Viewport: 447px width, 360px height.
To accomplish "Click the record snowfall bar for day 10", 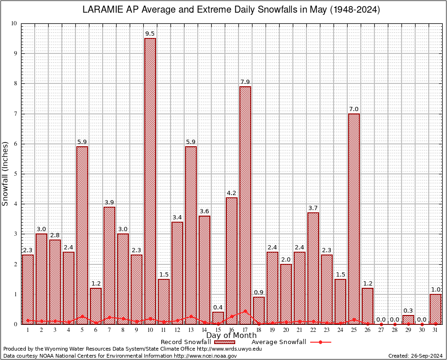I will (x=150, y=180).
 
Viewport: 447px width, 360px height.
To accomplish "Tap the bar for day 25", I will (x=354, y=218).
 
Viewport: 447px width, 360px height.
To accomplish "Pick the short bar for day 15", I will (x=218, y=318).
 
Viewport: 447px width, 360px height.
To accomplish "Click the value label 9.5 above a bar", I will (x=150, y=34).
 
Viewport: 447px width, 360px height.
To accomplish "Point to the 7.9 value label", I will (x=245, y=82).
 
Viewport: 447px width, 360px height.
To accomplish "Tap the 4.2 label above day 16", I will (x=231, y=193).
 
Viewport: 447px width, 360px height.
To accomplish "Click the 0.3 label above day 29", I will (x=408, y=311).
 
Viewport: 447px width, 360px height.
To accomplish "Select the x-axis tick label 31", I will (x=435, y=330).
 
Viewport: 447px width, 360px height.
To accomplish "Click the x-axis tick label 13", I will (x=191, y=330).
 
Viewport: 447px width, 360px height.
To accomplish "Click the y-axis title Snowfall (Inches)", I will (x=6, y=173).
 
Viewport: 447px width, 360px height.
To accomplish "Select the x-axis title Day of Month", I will (x=231, y=336).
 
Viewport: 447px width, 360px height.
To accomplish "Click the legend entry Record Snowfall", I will (x=186, y=342).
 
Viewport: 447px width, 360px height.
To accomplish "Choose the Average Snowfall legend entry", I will (x=279, y=342).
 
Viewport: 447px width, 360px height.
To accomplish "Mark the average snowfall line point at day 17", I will (x=245, y=311).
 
